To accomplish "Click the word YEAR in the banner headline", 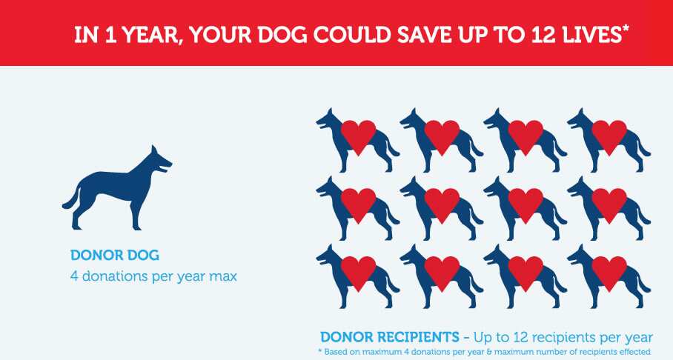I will click(144, 36).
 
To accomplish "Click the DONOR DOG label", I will click(115, 256).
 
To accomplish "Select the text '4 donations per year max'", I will click(153, 276).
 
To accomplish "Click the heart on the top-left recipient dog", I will click(358, 135).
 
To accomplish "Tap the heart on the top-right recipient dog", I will click(609, 135).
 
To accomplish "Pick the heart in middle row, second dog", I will click(442, 203).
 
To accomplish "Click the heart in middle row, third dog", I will click(526, 203).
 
